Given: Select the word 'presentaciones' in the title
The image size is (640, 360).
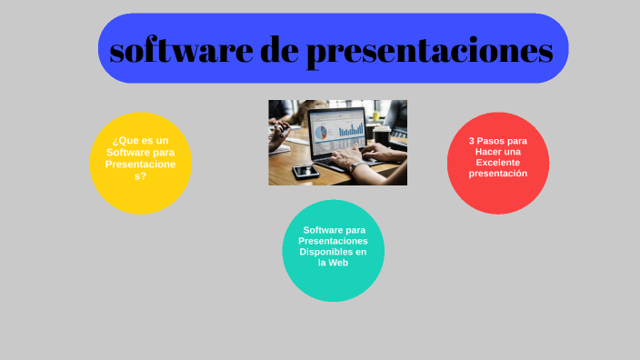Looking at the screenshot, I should click(x=429, y=52).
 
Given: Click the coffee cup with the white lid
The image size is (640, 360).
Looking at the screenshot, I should click(x=382, y=136).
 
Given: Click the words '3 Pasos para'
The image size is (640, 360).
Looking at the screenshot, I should click(x=497, y=141).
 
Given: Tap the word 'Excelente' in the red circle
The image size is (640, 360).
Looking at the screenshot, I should click(x=497, y=163).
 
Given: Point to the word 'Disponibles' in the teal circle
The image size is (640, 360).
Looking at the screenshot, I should click(x=333, y=252).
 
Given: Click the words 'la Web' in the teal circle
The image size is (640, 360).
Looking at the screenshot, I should click(x=333, y=263).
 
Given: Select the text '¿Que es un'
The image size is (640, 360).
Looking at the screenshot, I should click(x=140, y=141).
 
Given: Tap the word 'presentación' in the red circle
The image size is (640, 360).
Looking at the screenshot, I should click(x=497, y=173).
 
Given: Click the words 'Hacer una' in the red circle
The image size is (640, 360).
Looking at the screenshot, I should click(x=497, y=152).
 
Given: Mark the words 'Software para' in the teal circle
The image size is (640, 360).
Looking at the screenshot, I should click(x=334, y=230).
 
